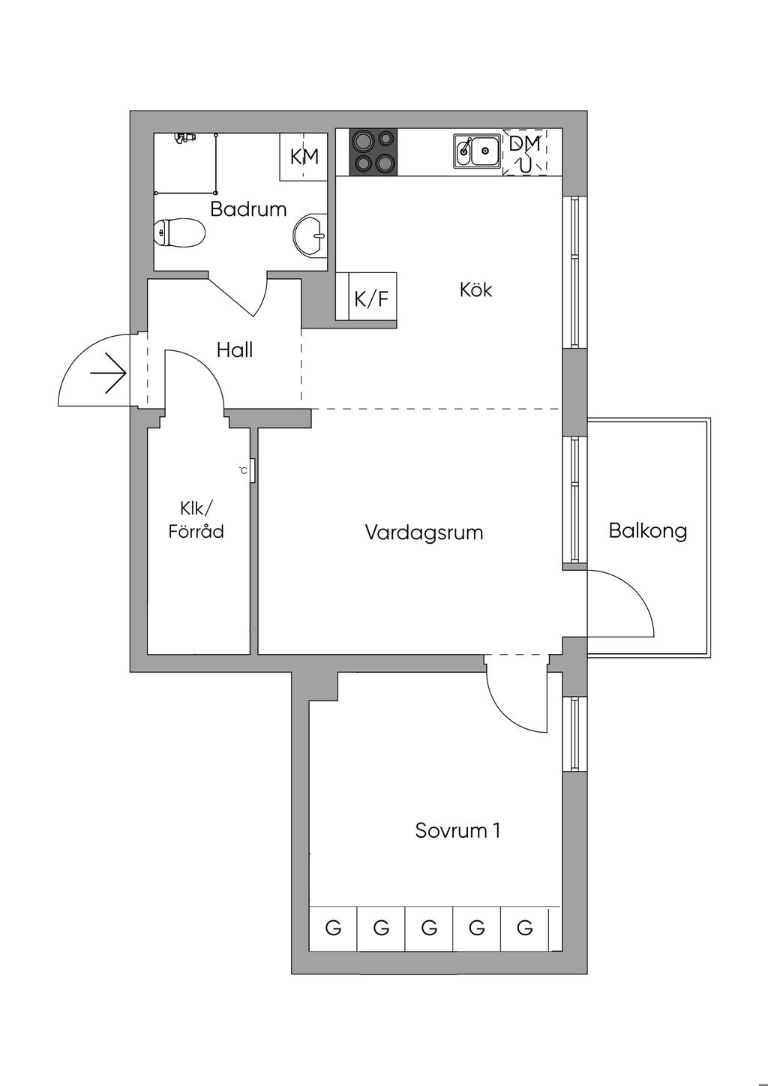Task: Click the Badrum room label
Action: pyautogui.click(x=248, y=208)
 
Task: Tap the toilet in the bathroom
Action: pyautogui.click(x=179, y=232)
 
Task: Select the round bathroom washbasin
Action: pyautogui.click(x=310, y=235)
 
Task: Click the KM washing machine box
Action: pyautogui.click(x=304, y=157)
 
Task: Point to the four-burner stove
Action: pyautogui.click(x=373, y=151)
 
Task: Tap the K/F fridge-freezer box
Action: pyautogui.click(x=371, y=299)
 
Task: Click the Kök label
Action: pyautogui.click(x=475, y=289)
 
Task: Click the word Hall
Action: pyautogui.click(x=235, y=349)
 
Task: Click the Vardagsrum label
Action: pyautogui.click(x=424, y=532)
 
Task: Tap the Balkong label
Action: pyautogui.click(x=648, y=531)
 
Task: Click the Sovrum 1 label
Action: pyautogui.click(x=457, y=830)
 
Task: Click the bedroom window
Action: pyautogui.click(x=574, y=734)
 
